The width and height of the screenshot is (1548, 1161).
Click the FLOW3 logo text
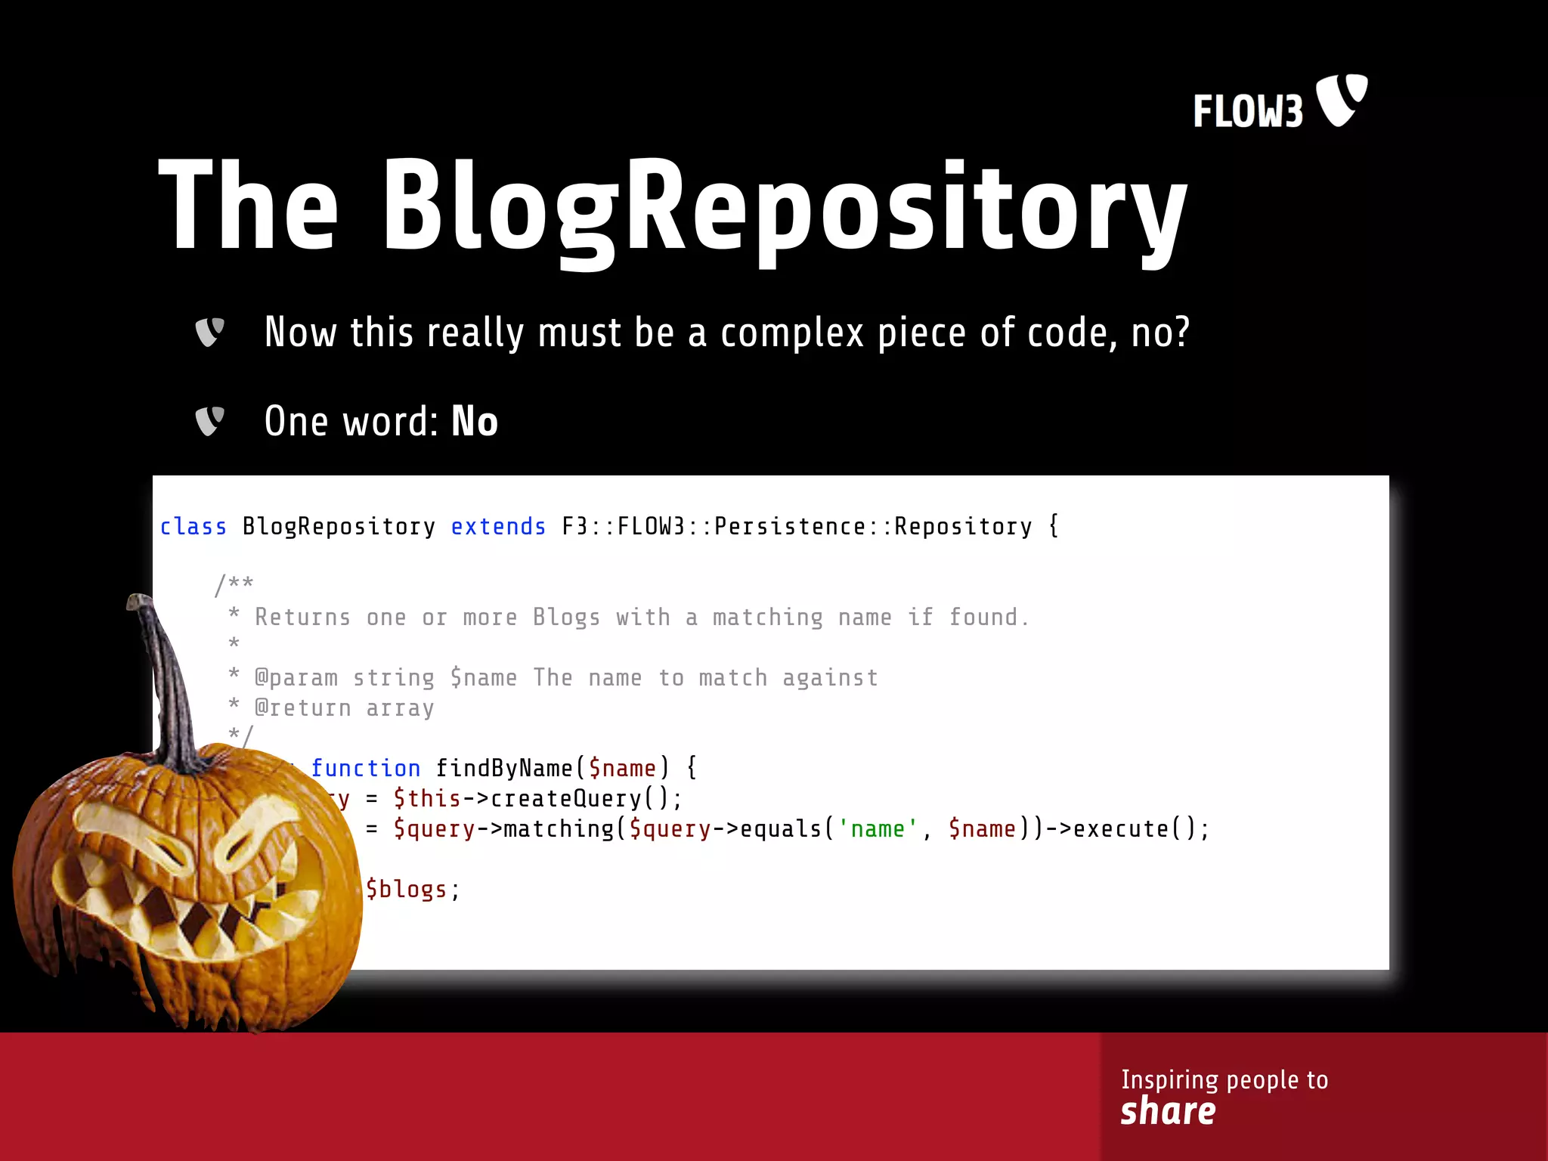1247,112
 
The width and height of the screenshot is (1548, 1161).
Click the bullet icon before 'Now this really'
209,332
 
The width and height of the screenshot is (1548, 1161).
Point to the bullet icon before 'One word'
209,421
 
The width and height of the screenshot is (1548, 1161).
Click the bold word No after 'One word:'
475,421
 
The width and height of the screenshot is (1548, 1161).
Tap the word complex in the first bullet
791,333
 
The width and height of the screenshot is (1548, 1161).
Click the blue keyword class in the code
193,526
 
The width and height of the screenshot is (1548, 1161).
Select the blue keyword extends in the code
498,526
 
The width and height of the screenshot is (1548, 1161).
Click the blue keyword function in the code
366,768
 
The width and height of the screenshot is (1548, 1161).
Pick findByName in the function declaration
504,768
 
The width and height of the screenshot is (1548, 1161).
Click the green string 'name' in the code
878,828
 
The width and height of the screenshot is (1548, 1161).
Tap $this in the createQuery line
427,798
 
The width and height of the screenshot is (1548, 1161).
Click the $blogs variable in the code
407,889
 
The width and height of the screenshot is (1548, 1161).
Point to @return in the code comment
302,708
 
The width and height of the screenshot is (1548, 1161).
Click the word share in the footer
1168,1112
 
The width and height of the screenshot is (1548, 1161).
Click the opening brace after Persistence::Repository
1054,526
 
